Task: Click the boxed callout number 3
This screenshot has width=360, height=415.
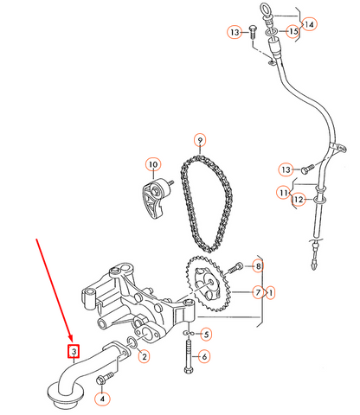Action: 74,351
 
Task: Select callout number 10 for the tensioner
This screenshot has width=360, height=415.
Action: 152,164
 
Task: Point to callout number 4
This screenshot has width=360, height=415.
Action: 102,399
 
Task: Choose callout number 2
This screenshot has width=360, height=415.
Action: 144,356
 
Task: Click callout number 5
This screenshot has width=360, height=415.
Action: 205,333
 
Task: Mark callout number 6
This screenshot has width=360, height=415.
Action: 205,356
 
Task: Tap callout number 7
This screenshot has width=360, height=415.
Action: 257,293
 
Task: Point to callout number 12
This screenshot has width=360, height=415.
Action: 298,200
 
